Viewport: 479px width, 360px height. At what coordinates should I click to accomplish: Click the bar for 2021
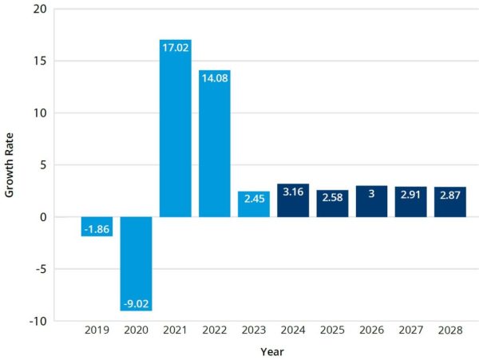(x=176, y=129)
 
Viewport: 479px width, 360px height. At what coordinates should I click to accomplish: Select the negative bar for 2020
(x=137, y=263)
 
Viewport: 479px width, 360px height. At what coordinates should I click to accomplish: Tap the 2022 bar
(x=215, y=144)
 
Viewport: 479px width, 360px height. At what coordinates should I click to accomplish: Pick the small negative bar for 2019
(x=97, y=227)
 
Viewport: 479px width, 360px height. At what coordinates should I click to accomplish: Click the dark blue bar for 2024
(x=293, y=200)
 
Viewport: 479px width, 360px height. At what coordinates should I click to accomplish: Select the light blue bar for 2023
(x=254, y=204)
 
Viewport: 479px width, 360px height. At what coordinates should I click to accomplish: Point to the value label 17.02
(x=176, y=48)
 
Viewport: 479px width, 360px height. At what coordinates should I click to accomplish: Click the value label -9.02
(x=137, y=303)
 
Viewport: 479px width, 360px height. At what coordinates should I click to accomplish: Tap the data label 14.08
(x=215, y=78)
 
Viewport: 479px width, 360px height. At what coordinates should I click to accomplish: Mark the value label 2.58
(x=332, y=197)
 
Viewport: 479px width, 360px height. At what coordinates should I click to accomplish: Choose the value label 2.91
(x=410, y=195)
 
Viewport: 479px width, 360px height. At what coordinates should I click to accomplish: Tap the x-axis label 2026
(x=371, y=330)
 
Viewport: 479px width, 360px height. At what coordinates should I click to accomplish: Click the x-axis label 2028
(x=449, y=330)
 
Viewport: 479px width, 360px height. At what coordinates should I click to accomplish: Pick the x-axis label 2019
(x=97, y=330)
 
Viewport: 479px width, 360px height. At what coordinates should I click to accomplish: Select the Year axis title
(x=272, y=350)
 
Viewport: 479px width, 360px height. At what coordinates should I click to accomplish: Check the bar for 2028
(x=449, y=202)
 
